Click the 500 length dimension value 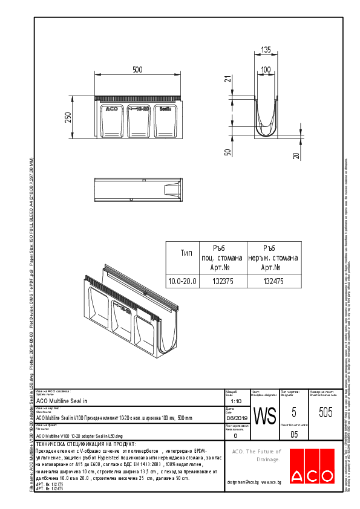click(x=138, y=70)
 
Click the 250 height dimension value click(x=68, y=117)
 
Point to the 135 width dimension click(x=266, y=50)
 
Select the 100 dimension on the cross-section click(x=266, y=70)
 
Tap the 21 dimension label click(x=227, y=79)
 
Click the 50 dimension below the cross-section click(x=227, y=152)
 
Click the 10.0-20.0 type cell click(x=181, y=281)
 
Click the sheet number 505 click(x=326, y=413)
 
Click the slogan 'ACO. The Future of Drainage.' click(x=257, y=455)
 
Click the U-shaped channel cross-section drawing click(x=266, y=112)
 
